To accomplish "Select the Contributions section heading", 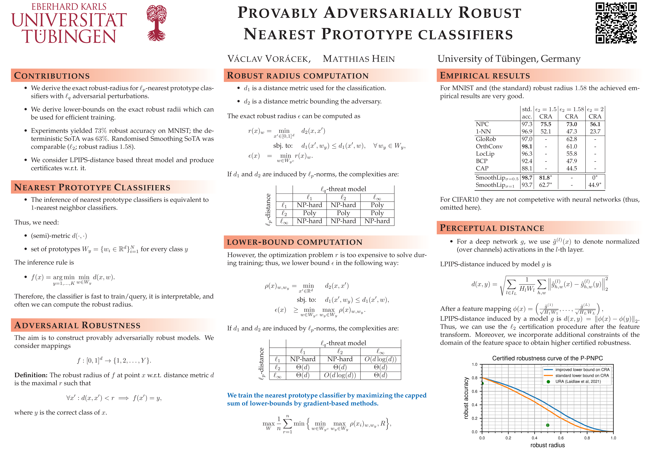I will pyautogui.click(x=52, y=76).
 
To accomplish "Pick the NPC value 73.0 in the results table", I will pyautogui.click(x=571, y=124).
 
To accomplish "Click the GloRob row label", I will pyautogui.click(x=486, y=139).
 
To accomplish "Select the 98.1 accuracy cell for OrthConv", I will pyautogui.click(x=527, y=146).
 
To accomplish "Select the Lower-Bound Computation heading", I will pyautogui.click(x=295, y=242).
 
